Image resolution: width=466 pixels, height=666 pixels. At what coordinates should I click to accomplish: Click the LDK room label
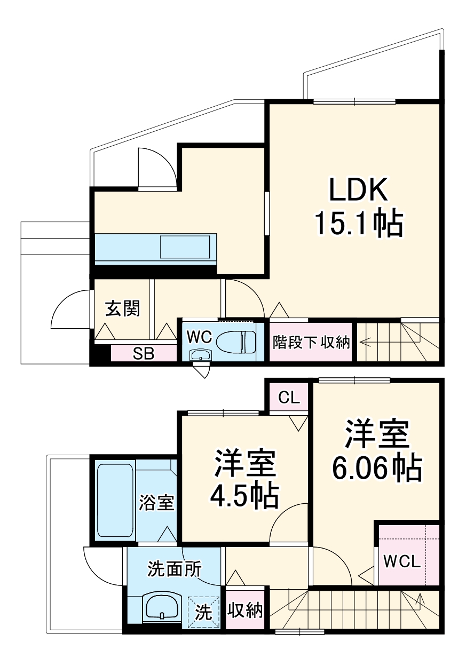357,191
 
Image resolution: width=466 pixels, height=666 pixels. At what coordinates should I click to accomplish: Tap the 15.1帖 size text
358,224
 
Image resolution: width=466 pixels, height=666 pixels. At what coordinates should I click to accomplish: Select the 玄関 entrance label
122,308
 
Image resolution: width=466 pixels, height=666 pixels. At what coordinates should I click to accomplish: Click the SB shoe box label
144,353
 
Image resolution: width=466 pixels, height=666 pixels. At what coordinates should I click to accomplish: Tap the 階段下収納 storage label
311,342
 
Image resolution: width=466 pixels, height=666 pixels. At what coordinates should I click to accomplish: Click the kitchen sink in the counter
187,248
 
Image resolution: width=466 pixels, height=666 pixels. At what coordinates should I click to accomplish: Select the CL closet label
289,398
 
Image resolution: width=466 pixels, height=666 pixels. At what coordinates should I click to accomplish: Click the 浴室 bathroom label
157,502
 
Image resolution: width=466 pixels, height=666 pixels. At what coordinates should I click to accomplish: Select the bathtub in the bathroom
115,499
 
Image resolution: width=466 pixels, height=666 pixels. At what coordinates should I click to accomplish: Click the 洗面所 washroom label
174,569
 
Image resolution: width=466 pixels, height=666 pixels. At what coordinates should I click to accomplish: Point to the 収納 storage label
246,610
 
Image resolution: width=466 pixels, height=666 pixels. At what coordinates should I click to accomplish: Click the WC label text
200,336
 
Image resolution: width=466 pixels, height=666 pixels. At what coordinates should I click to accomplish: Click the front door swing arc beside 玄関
67,312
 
